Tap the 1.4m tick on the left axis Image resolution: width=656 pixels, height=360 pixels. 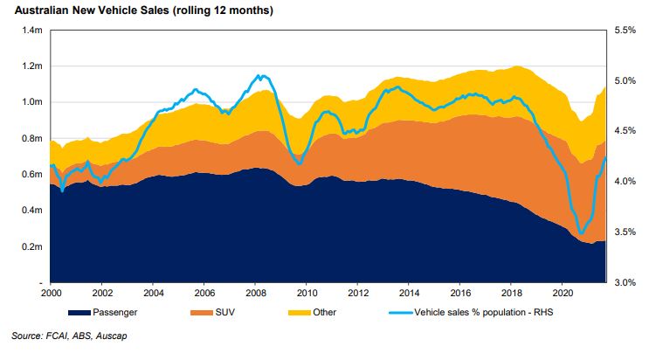(x=32, y=30)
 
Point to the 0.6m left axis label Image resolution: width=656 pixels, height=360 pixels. (x=32, y=175)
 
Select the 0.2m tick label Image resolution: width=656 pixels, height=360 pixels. (x=32, y=247)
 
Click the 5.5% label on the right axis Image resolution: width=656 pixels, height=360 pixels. (x=627, y=30)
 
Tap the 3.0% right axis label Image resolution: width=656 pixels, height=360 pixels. (x=627, y=283)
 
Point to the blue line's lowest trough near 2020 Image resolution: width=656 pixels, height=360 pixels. (x=581, y=233)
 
